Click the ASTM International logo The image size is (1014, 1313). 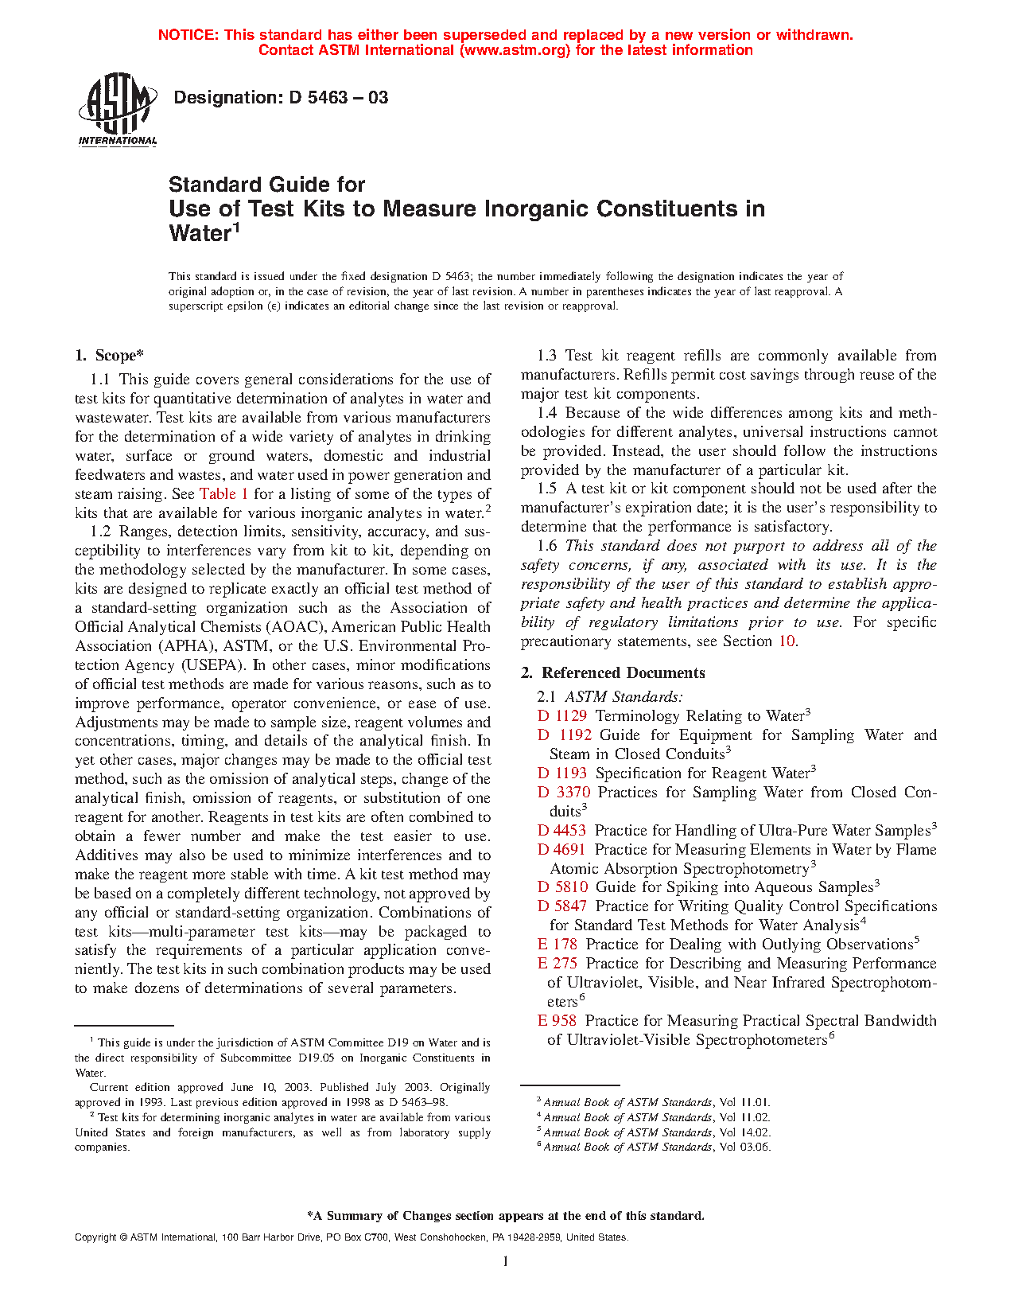(117, 110)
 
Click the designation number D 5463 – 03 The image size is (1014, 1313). (281, 98)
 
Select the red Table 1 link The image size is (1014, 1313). (223, 494)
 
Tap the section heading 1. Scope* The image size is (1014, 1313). (110, 356)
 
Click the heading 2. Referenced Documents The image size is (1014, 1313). (613, 673)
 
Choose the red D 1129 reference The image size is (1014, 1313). (562, 716)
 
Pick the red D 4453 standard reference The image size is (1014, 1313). (562, 831)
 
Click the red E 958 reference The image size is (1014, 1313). (557, 1021)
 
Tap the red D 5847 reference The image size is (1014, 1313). (562, 906)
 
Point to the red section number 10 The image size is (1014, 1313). (787, 641)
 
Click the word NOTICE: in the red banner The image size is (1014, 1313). (188, 35)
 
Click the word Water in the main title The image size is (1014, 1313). (199, 234)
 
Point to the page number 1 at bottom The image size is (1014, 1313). (505, 1261)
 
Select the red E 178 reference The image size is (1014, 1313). (557, 945)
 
